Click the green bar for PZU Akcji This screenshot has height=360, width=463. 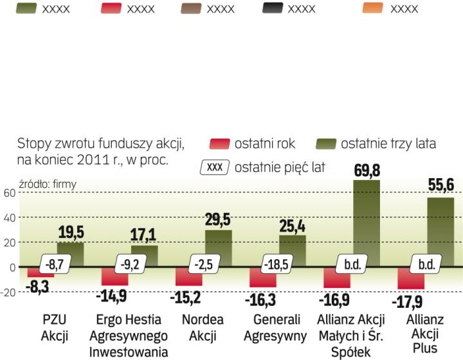click(70, 254)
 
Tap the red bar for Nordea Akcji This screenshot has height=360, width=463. click(189, 276)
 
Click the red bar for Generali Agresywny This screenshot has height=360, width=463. click(263, 277)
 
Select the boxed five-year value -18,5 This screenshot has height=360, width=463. click(277, 264)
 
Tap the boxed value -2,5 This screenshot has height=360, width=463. click(203, 264)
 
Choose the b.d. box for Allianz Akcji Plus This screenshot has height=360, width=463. click(425, 264)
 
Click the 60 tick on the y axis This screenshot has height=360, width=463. click(8, 192)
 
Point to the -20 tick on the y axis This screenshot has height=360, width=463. click(8, 292)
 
